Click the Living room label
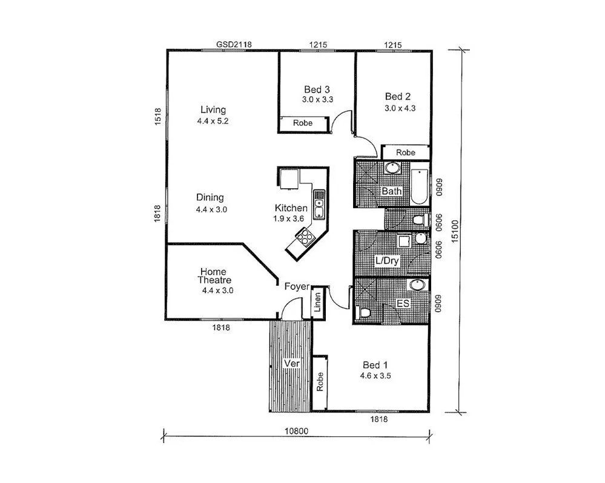pyautogui.click(x=213, y=110)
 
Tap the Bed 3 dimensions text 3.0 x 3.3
pyautogui.click(x=317, y=99)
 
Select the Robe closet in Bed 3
pyautogui.click(x=303, y=123)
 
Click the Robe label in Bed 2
pyautogui.click(x=406, y=153)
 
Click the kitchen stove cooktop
pyautogui.click(x=305, y=237)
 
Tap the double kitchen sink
pyautogui.click(x=319, y=205)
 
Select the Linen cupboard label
pyautogui.click(x=318, y=302)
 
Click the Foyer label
pyautogui.click(x=297, y=286)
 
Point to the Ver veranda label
pyautogui.click(x=292, y=363)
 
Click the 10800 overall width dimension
pyautogui.click(x=296, y=431)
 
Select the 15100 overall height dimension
pyautogui.click(x=455, y=231)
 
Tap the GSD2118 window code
pyautogui.click(x=234, y=44)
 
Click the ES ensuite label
pyautogui.click(x=403, y=303)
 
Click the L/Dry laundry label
pyautogui.click(x=387, y=261)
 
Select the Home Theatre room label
pyautogui.click(x=214, y=276)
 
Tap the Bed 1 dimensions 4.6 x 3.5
pyautogui.click(x=375, y=376)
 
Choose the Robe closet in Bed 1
pyautogui.click(x=320, y=382)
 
